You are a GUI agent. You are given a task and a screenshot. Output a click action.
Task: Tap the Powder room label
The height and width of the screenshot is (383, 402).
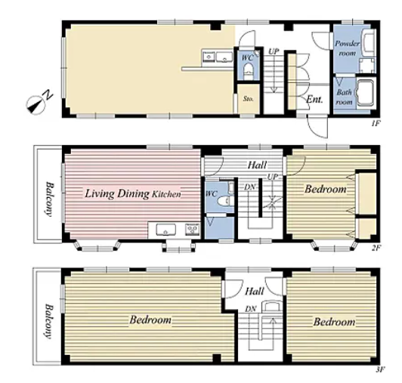point(347,48)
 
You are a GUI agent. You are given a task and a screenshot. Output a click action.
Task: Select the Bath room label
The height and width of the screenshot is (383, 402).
point(344,97)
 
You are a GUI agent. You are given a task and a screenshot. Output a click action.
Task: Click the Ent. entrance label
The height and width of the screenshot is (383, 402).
point(314,100)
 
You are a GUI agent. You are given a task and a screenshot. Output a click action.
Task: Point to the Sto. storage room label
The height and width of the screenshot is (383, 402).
point(249,98)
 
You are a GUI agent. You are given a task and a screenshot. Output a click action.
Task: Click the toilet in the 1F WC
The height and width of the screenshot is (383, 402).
point(248,71)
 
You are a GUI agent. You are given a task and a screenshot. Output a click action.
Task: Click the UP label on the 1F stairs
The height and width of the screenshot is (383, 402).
point(274,51)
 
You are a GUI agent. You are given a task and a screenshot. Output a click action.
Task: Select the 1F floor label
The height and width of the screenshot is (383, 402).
point(375,124)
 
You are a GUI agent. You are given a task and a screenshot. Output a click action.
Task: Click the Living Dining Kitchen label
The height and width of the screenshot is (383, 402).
point(133,194)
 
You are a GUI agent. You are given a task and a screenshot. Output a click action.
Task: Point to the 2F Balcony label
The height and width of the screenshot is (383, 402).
point(49,199)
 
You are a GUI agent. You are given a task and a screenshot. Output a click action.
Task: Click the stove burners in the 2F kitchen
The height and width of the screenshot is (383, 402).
point(193,230)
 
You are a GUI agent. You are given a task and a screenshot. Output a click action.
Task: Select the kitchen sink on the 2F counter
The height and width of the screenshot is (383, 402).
point(166,230)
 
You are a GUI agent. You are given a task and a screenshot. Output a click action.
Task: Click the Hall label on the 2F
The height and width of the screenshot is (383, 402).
point(257,165)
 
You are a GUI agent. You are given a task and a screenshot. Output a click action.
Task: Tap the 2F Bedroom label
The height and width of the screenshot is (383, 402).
point(326,190)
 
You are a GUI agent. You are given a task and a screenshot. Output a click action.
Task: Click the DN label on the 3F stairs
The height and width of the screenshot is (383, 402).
point(250,309)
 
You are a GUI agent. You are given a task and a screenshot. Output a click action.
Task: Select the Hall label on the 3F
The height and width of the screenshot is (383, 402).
point(255,292)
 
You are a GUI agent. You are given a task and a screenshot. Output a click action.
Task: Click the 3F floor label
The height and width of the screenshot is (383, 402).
point(381,369)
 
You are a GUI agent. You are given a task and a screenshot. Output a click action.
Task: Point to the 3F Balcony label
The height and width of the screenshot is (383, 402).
point(48,321)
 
